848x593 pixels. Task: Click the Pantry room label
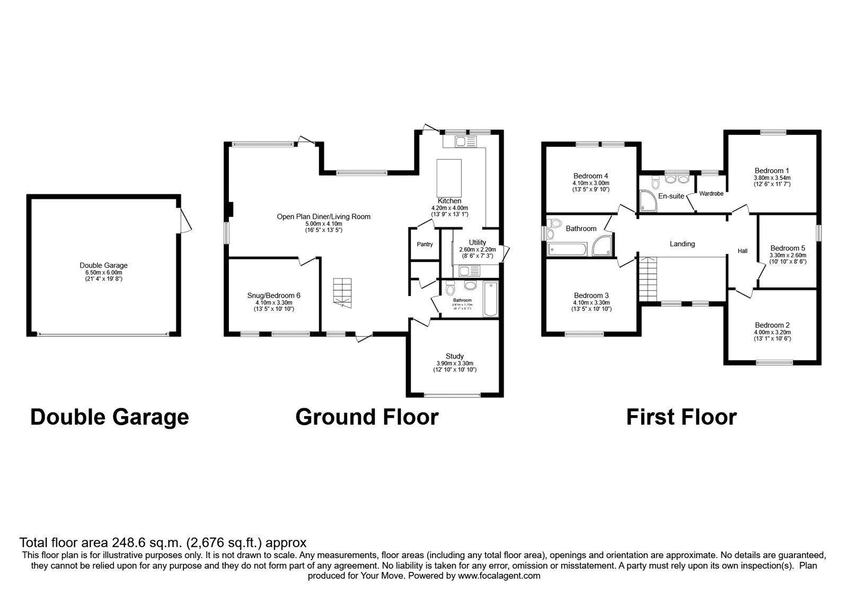425,244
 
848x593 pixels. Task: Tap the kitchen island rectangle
449,177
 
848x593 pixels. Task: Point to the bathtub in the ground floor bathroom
491,300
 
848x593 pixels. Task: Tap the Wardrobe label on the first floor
711,194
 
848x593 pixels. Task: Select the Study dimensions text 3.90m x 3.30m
454,363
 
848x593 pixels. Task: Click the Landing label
682,244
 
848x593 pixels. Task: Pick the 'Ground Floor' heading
367,417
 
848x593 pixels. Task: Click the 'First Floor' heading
681,417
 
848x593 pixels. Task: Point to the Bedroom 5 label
787,248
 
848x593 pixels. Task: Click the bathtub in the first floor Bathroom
568,249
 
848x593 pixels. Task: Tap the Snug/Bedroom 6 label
273,295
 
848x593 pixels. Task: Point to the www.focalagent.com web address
499,576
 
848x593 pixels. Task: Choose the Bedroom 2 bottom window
774,363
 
